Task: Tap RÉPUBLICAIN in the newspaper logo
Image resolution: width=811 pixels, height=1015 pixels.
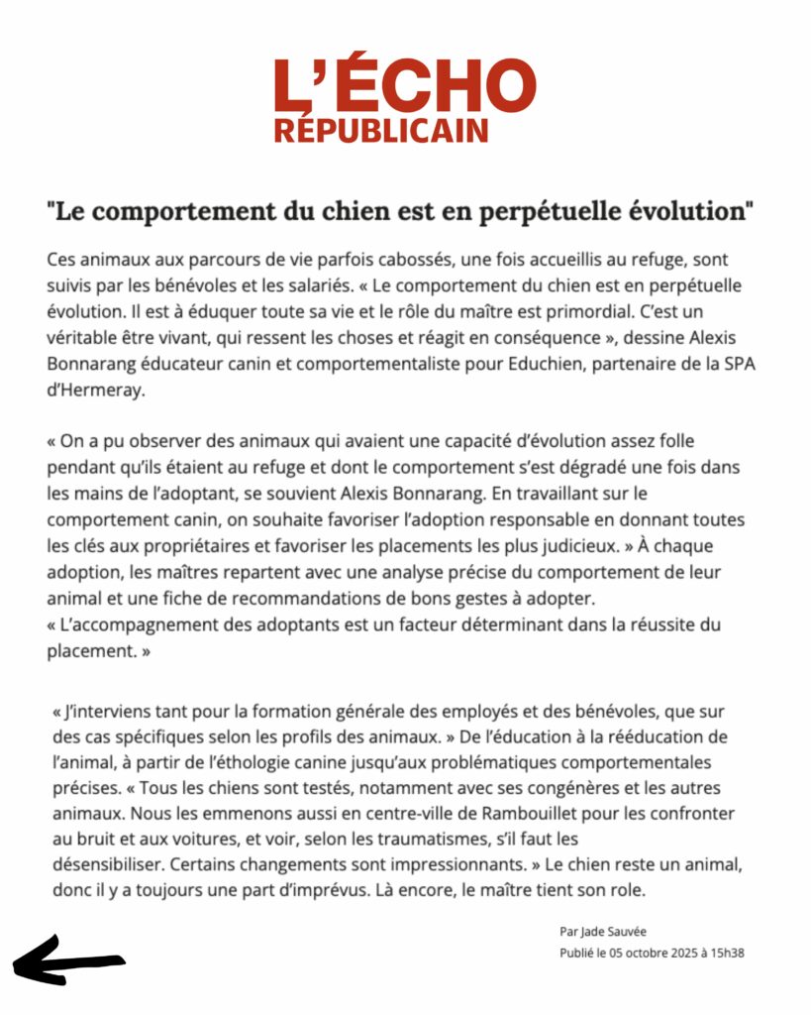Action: pyautogui.click(x=381, y=131)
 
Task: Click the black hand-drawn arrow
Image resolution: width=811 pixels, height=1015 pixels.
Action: pyautogui.click(x=67, y=962)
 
